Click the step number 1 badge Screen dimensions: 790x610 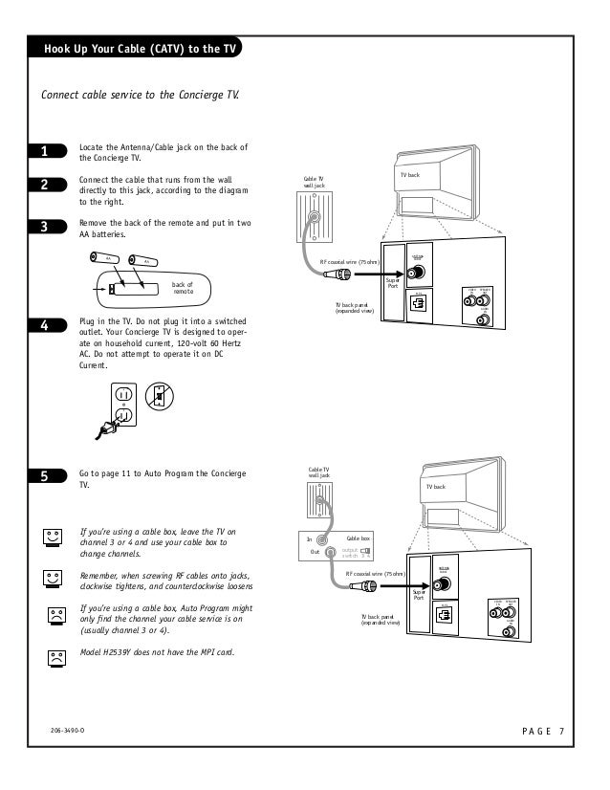(44, 152)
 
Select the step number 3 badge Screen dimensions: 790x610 (44, 227)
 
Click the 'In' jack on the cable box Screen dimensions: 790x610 (331, 539)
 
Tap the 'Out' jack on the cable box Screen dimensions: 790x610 (331, 552)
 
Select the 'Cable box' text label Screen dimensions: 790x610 (358, 539)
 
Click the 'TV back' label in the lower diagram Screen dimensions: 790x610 (435, 488)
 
